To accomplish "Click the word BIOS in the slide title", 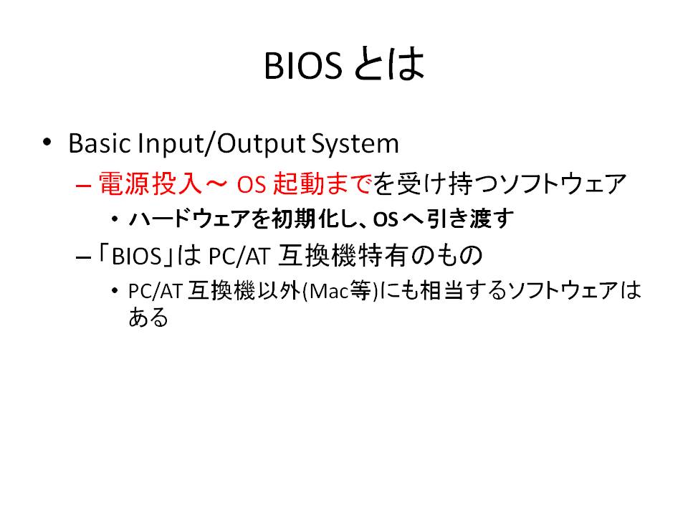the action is click(302, 65).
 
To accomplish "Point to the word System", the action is click(355, 144).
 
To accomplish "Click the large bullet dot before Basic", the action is click(47, 142).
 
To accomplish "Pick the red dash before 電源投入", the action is click(83, 185).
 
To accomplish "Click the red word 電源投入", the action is click(150, 183).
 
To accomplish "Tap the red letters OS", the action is click(252, 184).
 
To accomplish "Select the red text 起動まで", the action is click(322, 183).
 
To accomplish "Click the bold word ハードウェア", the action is click(189, 219).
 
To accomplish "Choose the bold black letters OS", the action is click(386, 219).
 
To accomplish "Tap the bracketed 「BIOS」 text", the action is click(136, 255).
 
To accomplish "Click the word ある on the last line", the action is click(148, 317).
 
